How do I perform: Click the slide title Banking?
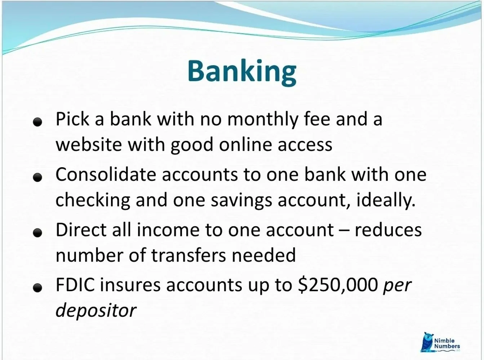pyautogui.click(x=241, y=71)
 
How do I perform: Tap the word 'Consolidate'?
pyautogui.click(x=105, y=174)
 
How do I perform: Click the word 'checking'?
pyautogui.click(x=93, y=200)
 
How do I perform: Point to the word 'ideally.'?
pyautogui.click(x=386, y=200)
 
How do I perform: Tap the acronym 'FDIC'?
pyautogui.click(x=75, y=285)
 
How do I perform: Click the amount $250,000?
pyautogui.click(x=337, y=285)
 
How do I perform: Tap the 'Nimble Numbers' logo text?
pyautogui.click(x=447, y=343)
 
